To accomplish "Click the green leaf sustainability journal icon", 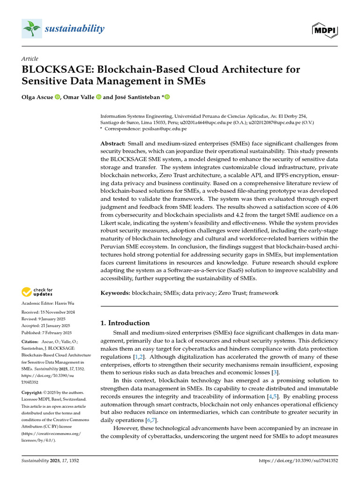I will pyautogui.click(x=31, y=30).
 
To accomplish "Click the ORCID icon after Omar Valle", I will pyautogui.click(x=99, y=97).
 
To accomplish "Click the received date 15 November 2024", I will pyautogui.click(x=54, y=312).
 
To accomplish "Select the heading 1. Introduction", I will pyautogui.click(x=125, y=323).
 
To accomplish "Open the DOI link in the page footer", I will pyautogui.click(x=298, y=461).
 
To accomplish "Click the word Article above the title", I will pyautogui.click(x=30, y=59).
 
